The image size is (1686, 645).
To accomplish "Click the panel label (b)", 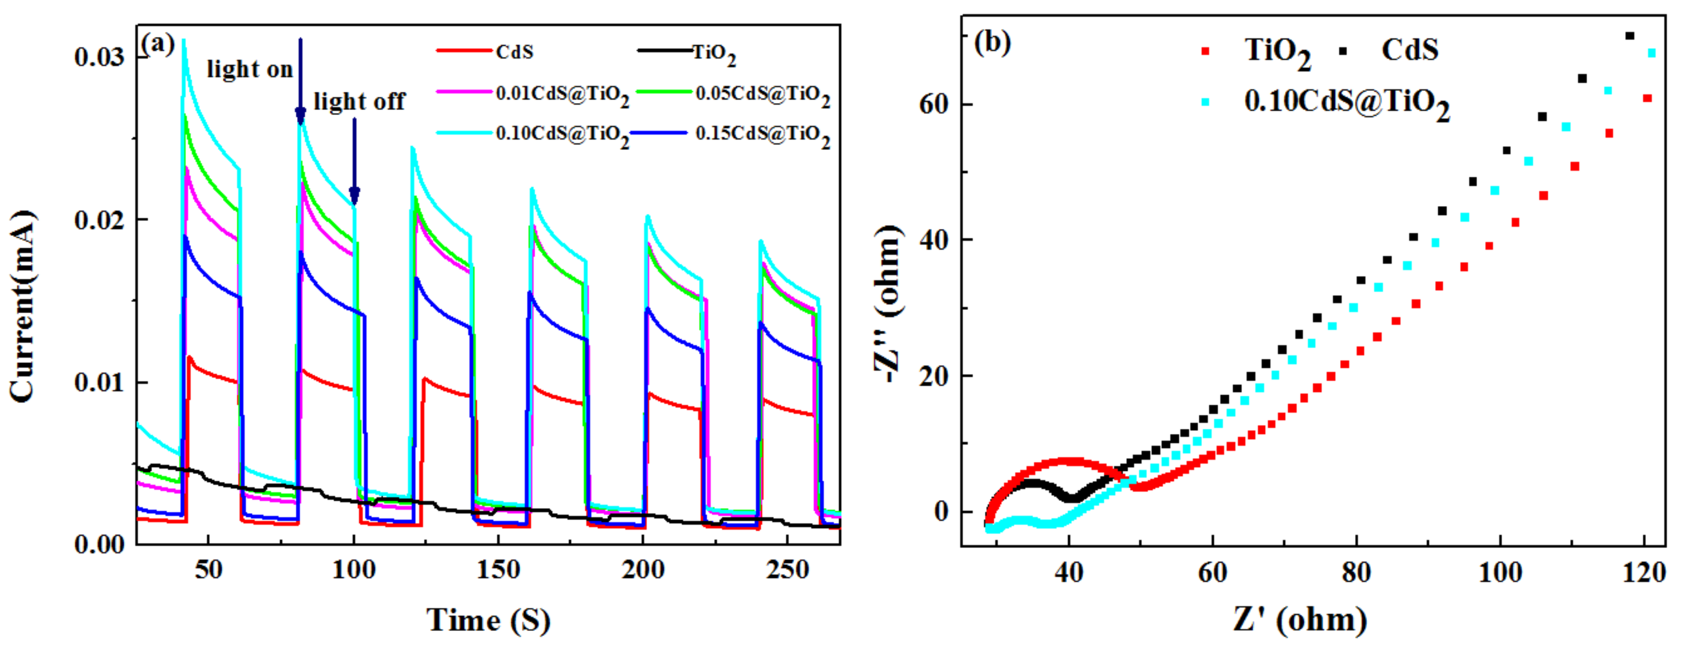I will click(x=992, y=43).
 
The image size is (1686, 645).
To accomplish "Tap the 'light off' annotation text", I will click(x=359, y=102).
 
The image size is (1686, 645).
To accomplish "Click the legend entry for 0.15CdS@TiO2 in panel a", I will click(x=762, y=134).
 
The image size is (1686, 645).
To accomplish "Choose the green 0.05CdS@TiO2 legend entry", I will click(x=762, y=94).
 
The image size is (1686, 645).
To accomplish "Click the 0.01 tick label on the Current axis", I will click(x=99, y=382).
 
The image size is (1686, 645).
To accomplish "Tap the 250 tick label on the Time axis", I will click(x=788, y=570).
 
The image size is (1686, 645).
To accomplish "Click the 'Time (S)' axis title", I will click(x=488, y=619).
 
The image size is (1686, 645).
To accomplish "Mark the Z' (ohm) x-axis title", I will click(x=1300, y=619).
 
